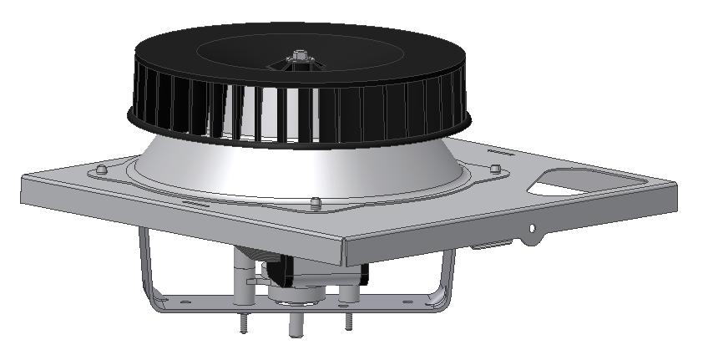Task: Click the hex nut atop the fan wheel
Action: (x=299, y=57)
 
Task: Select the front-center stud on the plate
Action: (x=315, y=202)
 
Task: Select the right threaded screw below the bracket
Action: (x=347, y=320)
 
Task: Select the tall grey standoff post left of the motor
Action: (x=242, y=276)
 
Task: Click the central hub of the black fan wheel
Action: (x=298, y=65)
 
